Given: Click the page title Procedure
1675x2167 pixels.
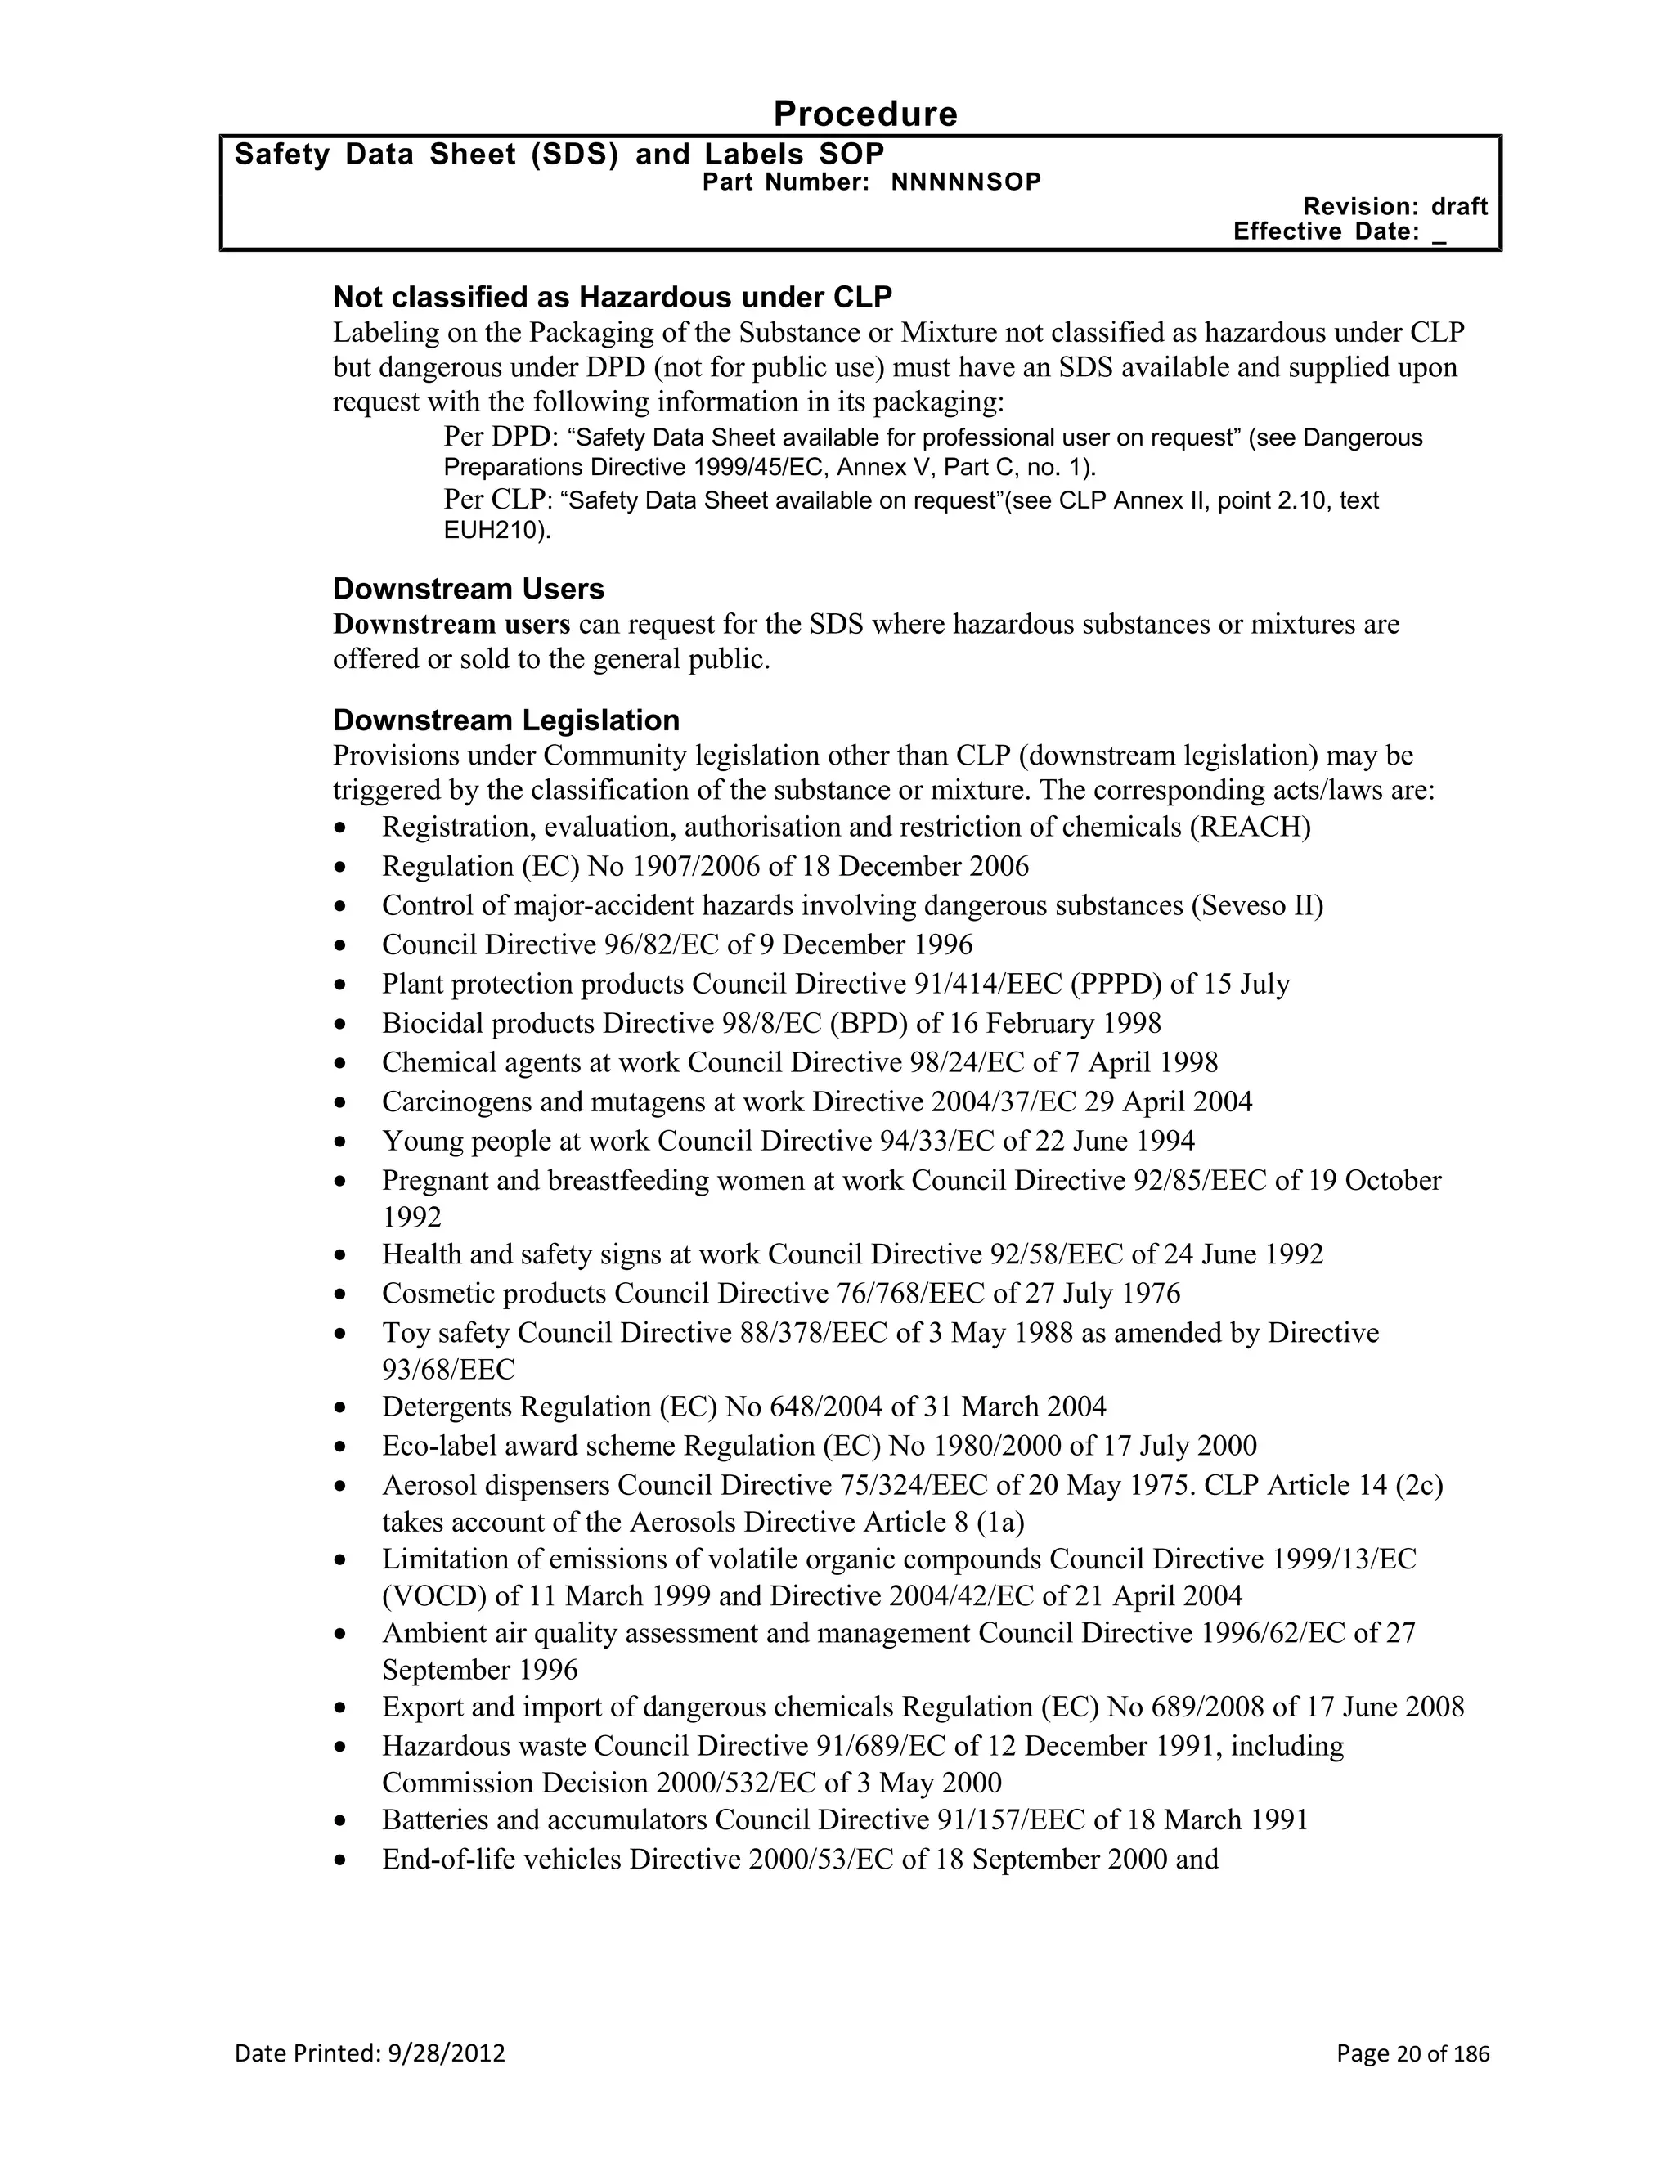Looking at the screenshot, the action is [864, 114].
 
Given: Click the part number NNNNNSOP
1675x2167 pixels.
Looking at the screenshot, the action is [966, 182].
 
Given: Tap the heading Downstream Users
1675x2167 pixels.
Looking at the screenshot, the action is [469, 589].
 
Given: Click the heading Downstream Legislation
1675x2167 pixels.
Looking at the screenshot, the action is [506, 720].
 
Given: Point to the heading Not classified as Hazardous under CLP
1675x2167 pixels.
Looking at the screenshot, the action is [613, 297].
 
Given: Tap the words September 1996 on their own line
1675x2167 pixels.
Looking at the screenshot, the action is [479, 1670].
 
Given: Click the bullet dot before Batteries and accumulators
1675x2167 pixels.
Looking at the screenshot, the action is [341, 1821].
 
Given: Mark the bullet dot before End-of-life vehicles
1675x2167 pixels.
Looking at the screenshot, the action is [341, 1860].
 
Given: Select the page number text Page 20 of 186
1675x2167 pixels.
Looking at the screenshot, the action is [1412, 2053].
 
